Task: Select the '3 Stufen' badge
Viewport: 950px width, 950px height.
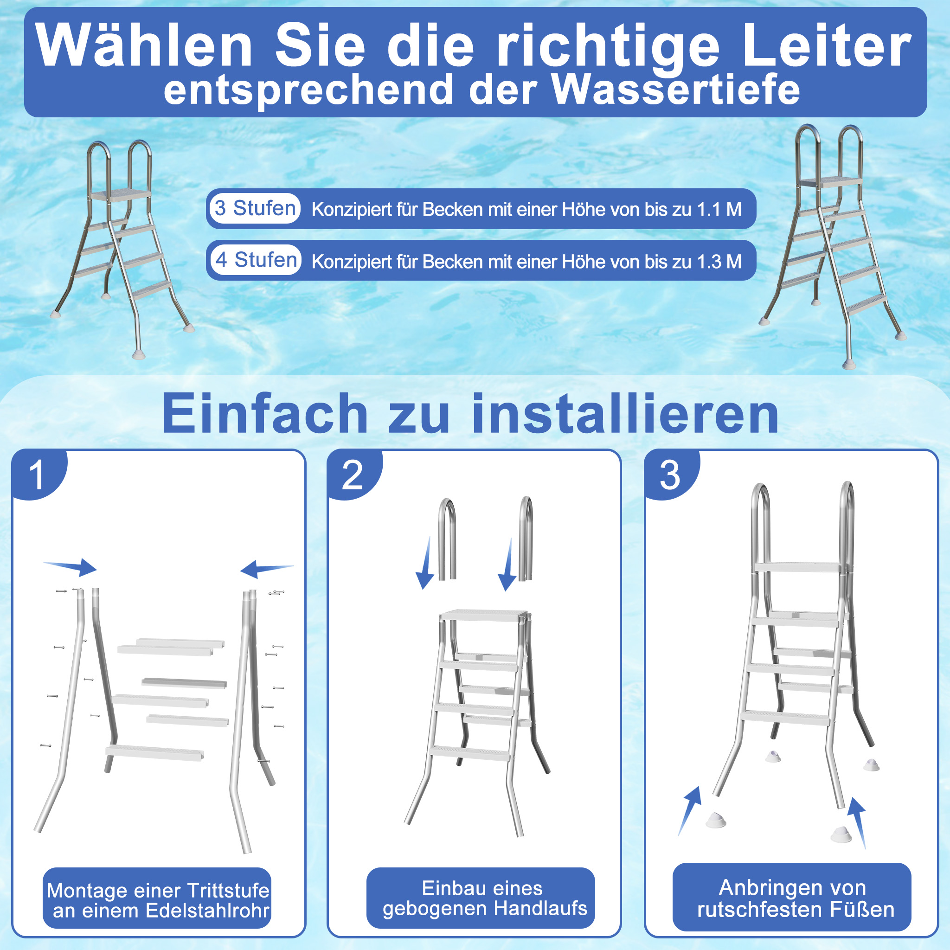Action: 255,208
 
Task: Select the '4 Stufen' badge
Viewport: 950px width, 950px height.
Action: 256,260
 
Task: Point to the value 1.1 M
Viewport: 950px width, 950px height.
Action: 719,210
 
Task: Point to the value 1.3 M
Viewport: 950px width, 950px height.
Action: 719,262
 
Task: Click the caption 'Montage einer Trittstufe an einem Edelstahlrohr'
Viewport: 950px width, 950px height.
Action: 157,900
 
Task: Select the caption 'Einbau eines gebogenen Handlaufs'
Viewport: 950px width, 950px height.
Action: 481,898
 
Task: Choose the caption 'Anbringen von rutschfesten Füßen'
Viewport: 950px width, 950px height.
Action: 792,898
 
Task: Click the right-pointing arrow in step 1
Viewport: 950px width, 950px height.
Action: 71,566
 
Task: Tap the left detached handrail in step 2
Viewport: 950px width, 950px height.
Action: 447,539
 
